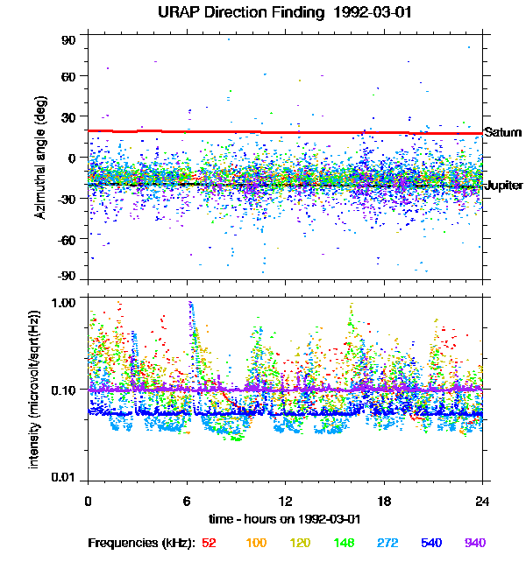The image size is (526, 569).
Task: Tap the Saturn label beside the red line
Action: coord(503,132)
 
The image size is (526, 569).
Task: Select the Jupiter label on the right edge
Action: coord(504,186)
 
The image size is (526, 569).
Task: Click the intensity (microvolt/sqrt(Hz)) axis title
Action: coord(35,390)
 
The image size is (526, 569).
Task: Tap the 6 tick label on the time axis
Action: coord(187,502)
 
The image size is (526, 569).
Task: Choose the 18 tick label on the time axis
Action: coord(384,502)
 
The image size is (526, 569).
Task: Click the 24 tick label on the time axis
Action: coord(482,502)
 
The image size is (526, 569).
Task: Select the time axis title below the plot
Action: coord(284,519)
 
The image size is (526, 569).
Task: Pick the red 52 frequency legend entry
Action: coord(209,544)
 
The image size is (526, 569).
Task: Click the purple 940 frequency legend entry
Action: coord(474,544)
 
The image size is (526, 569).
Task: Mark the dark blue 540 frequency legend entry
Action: coord(430,544)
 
